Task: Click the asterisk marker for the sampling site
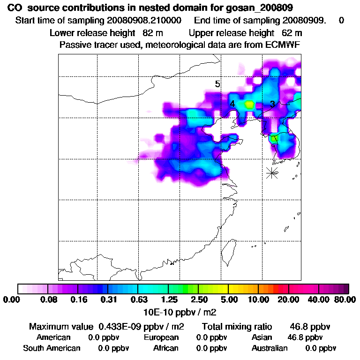tap(272, 173)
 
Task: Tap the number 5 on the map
tap(217, 84)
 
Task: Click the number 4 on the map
tap(232, 104)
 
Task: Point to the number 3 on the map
tap(272, 104)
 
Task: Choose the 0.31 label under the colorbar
tap(109, 300)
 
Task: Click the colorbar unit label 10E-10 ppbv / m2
tap(180, 311)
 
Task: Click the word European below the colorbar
tap(161, 337)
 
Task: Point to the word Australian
tap(270, 348)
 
